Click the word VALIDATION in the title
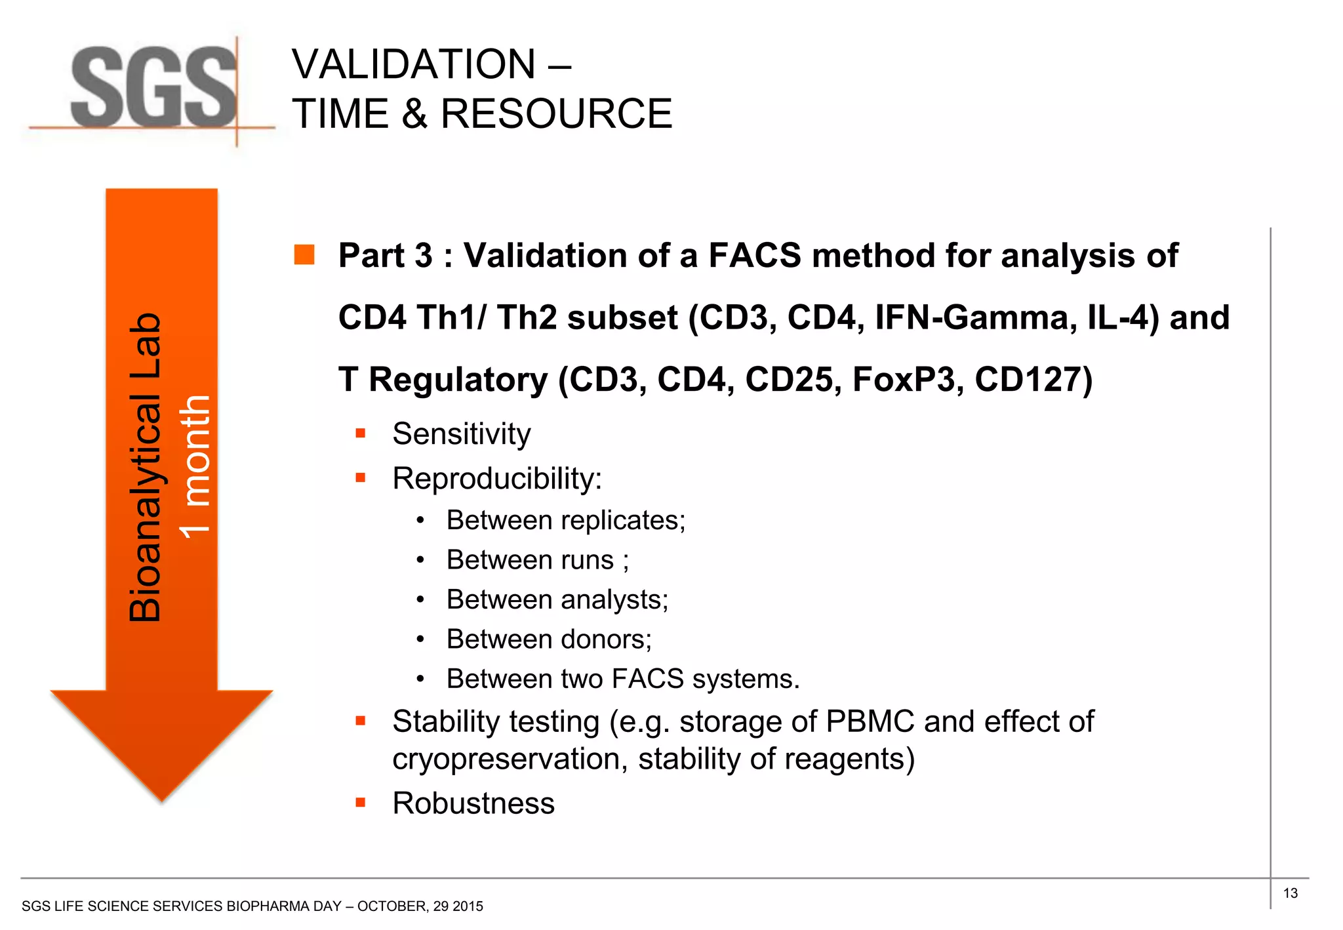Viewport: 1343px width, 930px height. coord(414,64)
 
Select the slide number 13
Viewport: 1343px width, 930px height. coord(1290,893)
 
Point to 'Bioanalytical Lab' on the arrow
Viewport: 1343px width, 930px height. coord(145,467)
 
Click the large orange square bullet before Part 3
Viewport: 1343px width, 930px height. coord(304,254)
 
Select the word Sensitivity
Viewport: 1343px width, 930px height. coord(461,434)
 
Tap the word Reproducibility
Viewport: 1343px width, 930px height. coord(496,478)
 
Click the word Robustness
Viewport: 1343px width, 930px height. coord(473,803)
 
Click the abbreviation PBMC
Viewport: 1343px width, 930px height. coord(870,721)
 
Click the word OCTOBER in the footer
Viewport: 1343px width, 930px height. coord(392,906)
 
